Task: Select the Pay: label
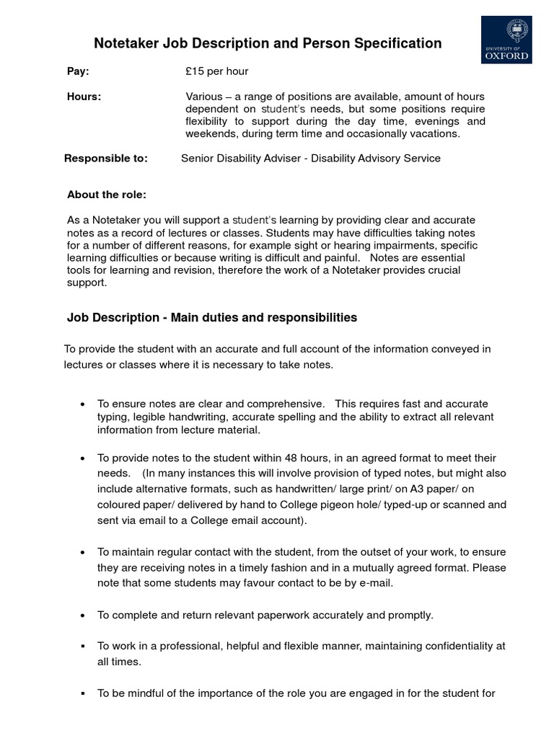click(x=78, y=71)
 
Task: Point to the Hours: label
click(x=84, y=97)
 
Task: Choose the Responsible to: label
click(x=106, y=158)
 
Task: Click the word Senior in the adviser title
click(x=198, y=158)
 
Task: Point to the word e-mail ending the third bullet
click(x=373, y=583)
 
